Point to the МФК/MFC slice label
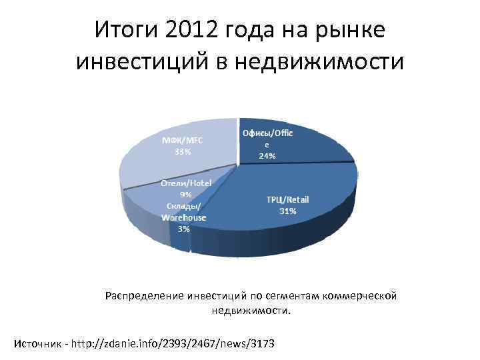pos(183,140)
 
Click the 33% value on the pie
pos(183,151)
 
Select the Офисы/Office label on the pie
pos(267,133)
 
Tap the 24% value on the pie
pos(267,157)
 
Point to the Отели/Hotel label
pos(185,183)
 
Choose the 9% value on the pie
pos(185,194)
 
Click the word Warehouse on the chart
pos(184,217)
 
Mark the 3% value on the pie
pos(184,228)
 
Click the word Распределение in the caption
pos(146,295)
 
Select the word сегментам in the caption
pos(289,295)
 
